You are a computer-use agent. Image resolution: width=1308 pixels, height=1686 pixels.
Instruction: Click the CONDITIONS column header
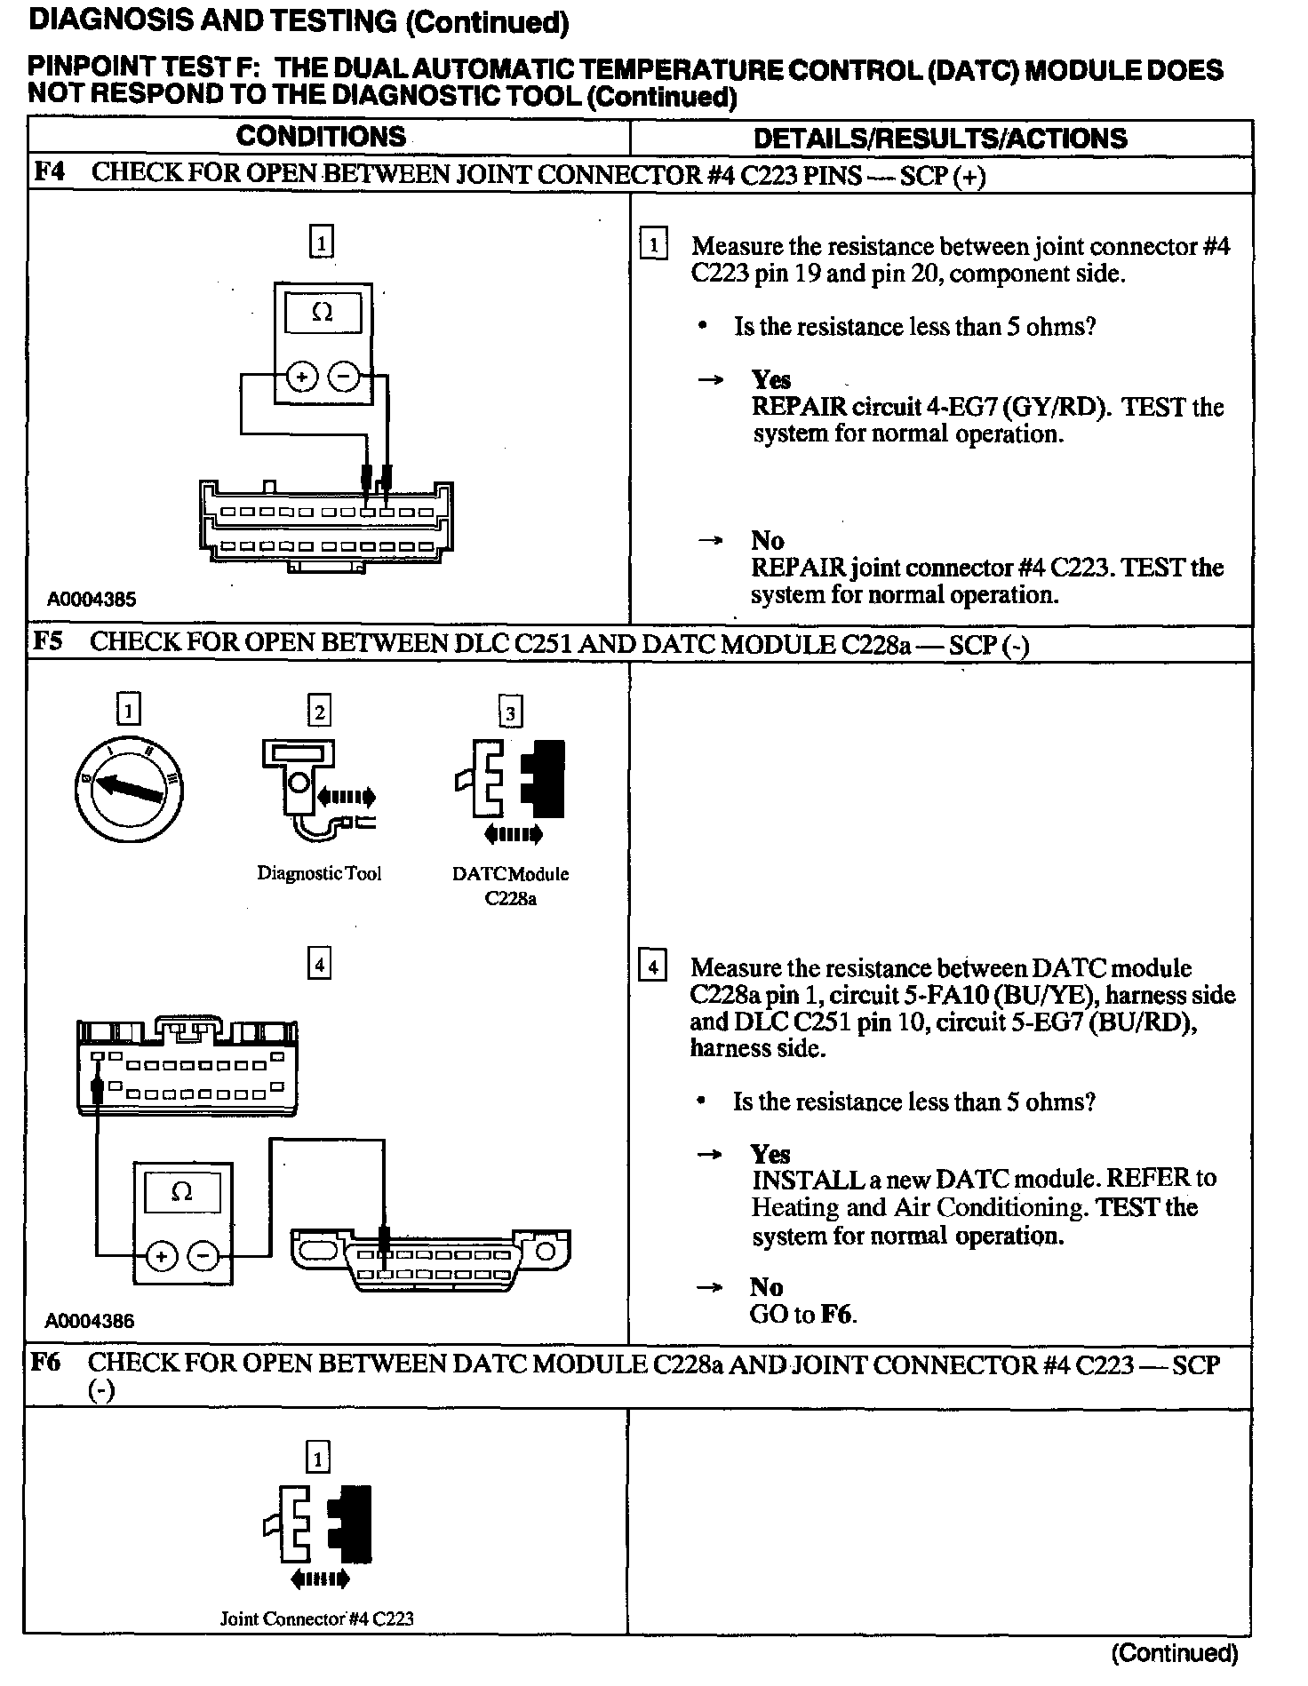(x=321, y=137)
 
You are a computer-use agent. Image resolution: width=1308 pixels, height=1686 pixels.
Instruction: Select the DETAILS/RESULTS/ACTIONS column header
(x=940, y=139)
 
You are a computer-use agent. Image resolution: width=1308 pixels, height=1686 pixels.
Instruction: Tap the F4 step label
(x=49, y=171)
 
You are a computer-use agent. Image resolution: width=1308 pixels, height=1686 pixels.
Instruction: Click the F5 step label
(x=48, y=641)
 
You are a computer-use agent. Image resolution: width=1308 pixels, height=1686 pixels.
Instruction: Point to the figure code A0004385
(x=92, y=600)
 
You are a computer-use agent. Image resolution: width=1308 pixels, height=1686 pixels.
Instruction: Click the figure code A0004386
(x=90, y=1321)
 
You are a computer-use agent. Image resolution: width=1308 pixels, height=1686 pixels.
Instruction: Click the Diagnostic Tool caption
(x=319, y=873)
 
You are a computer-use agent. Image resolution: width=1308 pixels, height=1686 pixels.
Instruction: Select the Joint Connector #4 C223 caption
(x=317, y=1618)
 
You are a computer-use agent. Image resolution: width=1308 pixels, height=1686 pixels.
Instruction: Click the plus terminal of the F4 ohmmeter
(x=302, y=377)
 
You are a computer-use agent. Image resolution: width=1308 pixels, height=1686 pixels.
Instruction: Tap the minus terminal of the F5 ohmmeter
(x=204, y=1256)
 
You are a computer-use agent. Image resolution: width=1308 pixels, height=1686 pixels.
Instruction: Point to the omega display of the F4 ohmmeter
(x=323, y=313)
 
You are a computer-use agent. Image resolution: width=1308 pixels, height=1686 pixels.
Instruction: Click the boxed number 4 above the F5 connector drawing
(x=319, y=964)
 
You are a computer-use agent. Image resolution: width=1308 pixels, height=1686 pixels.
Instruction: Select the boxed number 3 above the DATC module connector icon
(x=510, y=712)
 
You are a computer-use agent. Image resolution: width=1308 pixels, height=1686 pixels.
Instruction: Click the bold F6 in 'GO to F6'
(x=835, y=1315)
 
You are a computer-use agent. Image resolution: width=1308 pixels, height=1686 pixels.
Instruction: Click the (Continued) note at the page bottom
(x=1174, y=1652)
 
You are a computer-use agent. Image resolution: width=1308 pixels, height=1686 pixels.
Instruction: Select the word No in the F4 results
(x=767, y=540)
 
